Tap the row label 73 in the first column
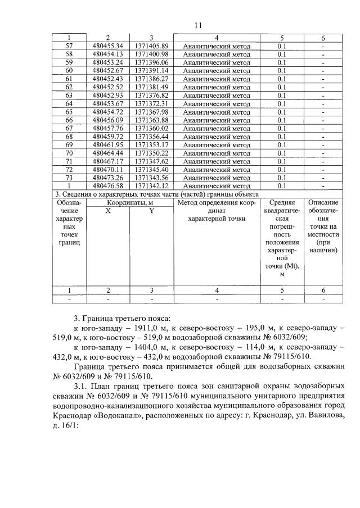(70, 178)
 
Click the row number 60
(70, 71)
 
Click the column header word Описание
(323, 202)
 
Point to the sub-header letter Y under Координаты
(151, 211)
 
